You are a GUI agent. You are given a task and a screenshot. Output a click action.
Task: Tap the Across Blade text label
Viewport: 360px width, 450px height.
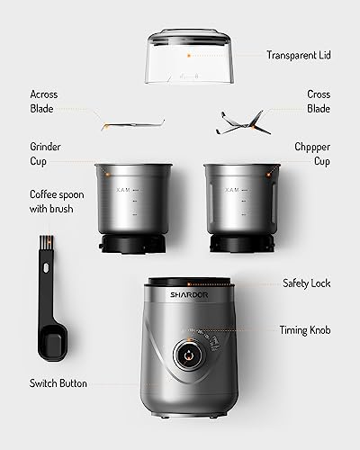45,102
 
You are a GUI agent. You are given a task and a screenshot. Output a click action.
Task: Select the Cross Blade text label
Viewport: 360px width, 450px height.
319,102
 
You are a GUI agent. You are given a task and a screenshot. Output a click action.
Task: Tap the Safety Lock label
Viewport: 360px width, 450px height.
306,283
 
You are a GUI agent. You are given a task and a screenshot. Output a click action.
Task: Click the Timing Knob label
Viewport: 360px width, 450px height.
306,330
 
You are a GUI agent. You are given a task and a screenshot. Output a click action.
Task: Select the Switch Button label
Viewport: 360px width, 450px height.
58,383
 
